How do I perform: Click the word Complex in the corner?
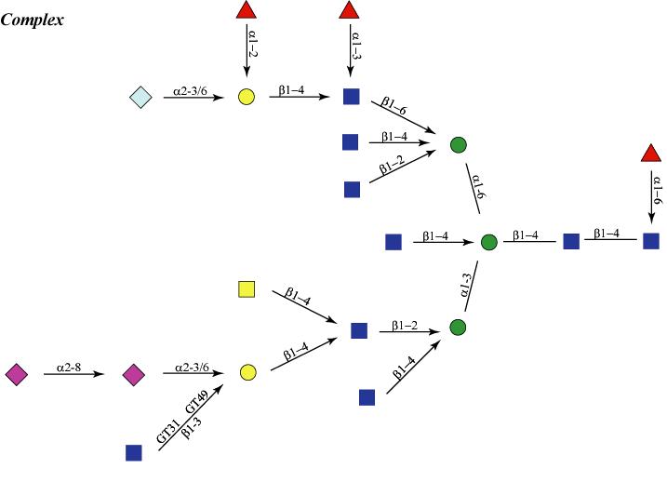click(x=33, y=20)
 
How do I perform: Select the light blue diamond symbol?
click(x=140, y=96)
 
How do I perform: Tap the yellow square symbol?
click(x=247, y=289)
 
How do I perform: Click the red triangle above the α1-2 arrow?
click(x=247, y=11)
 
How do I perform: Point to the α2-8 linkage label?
click(x=71, y=368)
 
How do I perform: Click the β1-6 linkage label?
click(x=388, y=109)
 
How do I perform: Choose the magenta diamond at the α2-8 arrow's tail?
click(x=17, y=374)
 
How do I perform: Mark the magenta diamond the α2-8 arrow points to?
click(x=134, y=374)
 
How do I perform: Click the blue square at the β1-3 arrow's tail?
click(x=134, y=453)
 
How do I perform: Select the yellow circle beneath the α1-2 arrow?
click(x=247, y=96)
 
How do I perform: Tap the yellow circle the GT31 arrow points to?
click(x=247, y=373)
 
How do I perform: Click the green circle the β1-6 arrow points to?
click(x=458, y=145)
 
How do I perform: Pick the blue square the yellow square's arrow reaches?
click(x=359, y=329)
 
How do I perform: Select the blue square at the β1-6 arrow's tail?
click(x=352, y=96)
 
